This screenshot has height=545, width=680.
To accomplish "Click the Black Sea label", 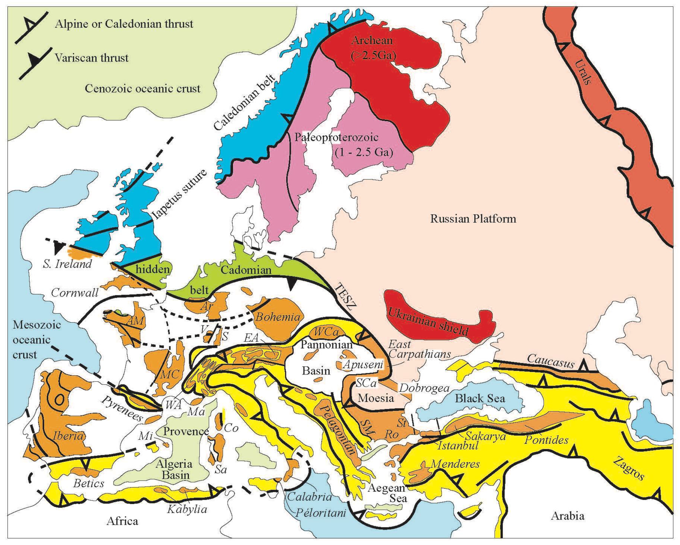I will pyautogui.click(x=479, y=398).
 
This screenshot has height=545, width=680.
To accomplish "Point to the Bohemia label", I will pyautogui.click(x=277, y=316).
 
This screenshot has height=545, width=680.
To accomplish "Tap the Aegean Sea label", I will pyautogui.click(x=386, y=493).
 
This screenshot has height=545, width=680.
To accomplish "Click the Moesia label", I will pyautogui.click(x=376, y=398).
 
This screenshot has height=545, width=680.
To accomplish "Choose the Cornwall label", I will pyautogui.click(x=75, y=293).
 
